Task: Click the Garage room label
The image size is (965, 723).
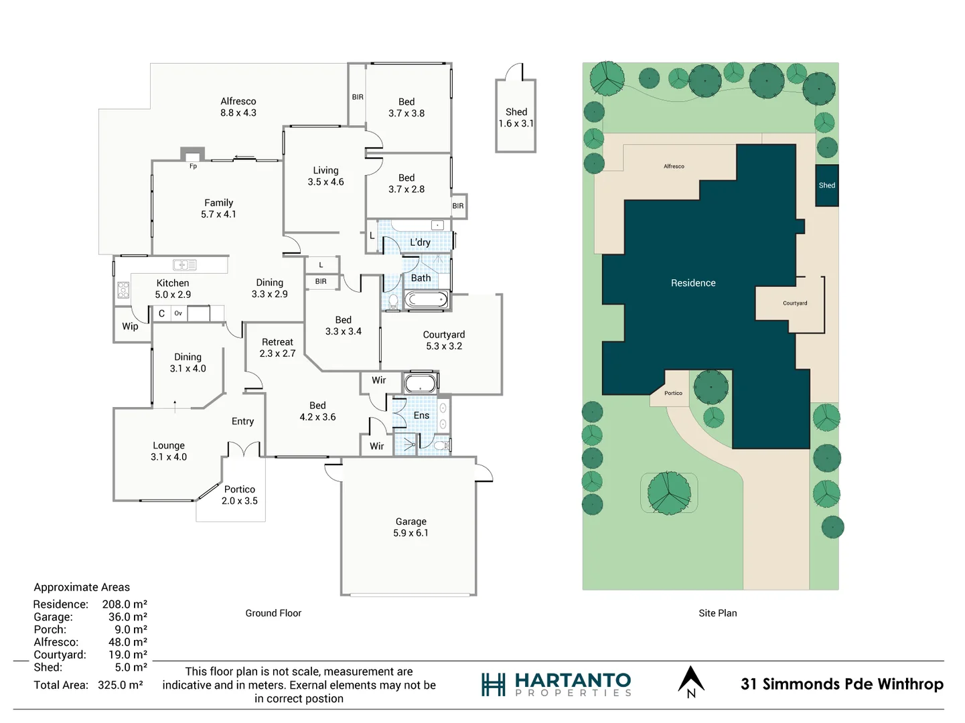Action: coord(411,527)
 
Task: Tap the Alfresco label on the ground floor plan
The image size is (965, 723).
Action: coord(238,106)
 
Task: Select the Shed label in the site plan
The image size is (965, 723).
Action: coord(826,185)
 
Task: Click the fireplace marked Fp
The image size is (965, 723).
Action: coord(193,155)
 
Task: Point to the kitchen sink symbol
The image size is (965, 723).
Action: coord(184,265)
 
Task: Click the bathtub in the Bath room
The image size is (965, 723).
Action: coord(426,299)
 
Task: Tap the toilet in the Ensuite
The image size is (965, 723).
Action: coord(441,445)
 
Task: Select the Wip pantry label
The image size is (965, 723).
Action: coord(130,327)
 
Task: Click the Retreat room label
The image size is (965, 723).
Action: coord(277,347)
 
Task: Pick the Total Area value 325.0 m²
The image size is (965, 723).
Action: coord(121,685)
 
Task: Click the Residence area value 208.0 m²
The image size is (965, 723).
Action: coord(125,604)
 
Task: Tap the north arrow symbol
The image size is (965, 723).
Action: coord(691,681)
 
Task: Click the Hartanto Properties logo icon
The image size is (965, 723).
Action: coord(494,684)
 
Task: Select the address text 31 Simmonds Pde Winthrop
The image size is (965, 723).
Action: coord(842,684)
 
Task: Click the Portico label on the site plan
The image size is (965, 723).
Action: coord(673,393)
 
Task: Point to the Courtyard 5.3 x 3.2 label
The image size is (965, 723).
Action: coord(443,340)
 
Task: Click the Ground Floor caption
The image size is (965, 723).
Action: coord(273,613)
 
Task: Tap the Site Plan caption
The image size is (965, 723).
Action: coord(717,613)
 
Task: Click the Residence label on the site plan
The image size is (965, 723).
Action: coord(693,283)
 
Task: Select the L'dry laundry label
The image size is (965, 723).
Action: coord(420,242)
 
